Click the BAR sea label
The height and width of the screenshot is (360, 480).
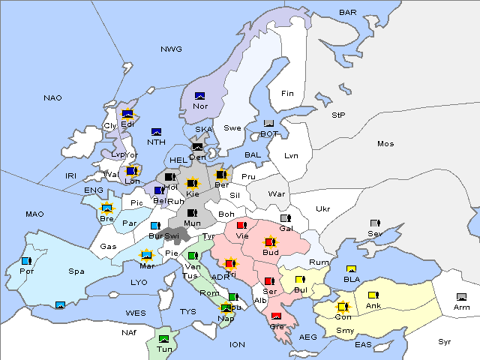click(x=347, y=12)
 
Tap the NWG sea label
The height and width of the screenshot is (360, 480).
click(x=171, y=49)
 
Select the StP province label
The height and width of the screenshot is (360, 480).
click(x=339, y=115)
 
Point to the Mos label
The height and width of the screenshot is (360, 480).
click(x=385, y=143)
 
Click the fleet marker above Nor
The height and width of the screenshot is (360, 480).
click(x=200, y=96)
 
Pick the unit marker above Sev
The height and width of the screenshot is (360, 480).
click(x=375, y=223)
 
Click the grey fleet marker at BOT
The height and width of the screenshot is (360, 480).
click(x=269, y=124)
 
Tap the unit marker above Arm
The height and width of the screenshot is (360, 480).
click(x=461, y=297)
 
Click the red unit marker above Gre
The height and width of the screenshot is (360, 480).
click(x=276, y=316)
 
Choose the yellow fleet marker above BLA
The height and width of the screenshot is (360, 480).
click(x=351, y=268)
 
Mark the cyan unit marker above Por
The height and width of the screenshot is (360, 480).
click(x=26, y=261)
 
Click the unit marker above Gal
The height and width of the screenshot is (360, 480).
click(x=285, y=218)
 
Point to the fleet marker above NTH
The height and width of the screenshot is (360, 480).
click(x=157, y=132)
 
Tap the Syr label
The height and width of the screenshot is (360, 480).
click(x=445, y=341)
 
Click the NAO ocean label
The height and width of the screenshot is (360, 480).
click(x=52, y=97)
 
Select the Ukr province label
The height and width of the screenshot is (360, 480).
click(x=323, y=208)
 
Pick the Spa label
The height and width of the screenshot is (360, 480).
click(x=76, y=271)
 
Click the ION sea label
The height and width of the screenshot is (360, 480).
click(x=237, y=344)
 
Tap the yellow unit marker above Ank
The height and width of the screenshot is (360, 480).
click(x=373, y=295)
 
